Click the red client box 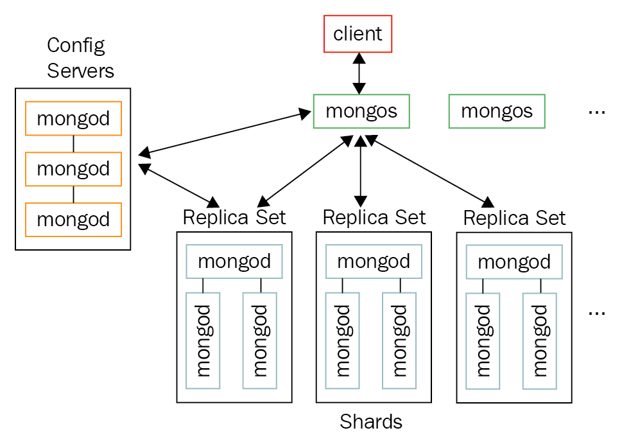coord(358,34)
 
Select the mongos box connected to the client coord(361,111)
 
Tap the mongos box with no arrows coord(496,111)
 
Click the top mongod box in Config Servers coord(73,118)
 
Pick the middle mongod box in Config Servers coord(73,169)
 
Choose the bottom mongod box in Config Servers coord(73,220)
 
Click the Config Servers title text coord(80,58)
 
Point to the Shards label coord(371,422)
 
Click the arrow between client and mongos coord(359,73)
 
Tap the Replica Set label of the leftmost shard coord(234,217)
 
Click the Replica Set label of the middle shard coord(374,217)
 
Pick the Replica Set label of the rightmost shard coord(514,218)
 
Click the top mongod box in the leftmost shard coord(234,262)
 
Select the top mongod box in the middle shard coord(374,262)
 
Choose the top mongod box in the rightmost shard coord(514,262)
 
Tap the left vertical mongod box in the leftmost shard coord(203,341)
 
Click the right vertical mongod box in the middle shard coord(399,341)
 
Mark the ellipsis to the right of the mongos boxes coord(596,112)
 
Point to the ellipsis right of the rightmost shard coord(596,312)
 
